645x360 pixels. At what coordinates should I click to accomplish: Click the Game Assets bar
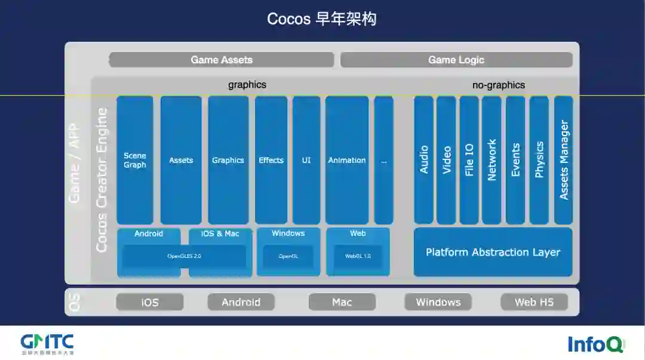pyautogui.click(x=221, y=60)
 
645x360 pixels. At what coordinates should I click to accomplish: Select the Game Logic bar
pyautogui.click(x=456, y=60)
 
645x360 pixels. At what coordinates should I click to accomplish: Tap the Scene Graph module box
pyautogui.click(x=135, y=160)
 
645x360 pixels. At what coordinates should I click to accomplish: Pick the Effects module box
pyautogui.click(x=271, y=160)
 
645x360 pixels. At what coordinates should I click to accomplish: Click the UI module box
pyautogui.click(x=306, y=160)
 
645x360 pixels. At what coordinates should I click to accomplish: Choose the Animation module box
pyautogui.click(x=347, y=160)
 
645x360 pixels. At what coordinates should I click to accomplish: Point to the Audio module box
pyautogui.click(x=423, y=160)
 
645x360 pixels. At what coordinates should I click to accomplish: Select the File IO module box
pyautogui.click(x=469, y=160)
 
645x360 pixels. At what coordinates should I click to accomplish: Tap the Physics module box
pyautogui.click(x=539, y=160)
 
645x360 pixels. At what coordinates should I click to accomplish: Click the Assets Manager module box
pyautogui.click(x=564, y=160)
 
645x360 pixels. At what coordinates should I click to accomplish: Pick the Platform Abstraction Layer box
pyautogui.click(x=493, y=252)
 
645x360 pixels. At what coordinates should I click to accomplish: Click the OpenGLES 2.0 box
pyautogui.click(x=184, y=257)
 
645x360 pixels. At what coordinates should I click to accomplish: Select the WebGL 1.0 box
pyautogui.click(x=358, y=257)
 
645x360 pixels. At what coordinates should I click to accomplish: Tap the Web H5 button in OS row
pyautogui.click(x=534, y=302)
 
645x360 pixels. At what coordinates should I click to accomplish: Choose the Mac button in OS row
pyautogui.click(x=342, y=302)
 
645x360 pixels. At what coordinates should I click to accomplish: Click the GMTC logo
pyautogui.click(x=47, y=343)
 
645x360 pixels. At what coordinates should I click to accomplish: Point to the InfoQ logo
pyautogui.click(x=595, y=344)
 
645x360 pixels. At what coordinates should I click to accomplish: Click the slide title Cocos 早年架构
pyautogui.click(x=322, y=19)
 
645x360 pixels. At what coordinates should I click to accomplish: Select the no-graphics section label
pyautogui.click(x=499, y=85)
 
